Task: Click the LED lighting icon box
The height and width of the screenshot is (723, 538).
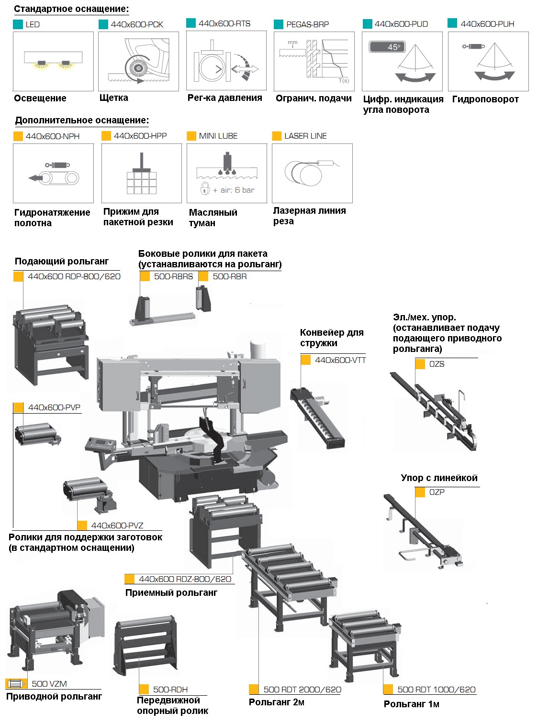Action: pyautogui.click(x=53, y=61)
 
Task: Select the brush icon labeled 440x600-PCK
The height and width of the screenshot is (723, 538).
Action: pyautogui.click(x=139, y=61)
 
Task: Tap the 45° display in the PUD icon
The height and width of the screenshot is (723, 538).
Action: pyautogui.click(x=387, y=46)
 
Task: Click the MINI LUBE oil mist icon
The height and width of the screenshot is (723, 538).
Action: pyautogui.click(x=227, y=173)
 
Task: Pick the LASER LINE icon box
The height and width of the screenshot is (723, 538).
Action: pyautogui.click(x=312, y=173)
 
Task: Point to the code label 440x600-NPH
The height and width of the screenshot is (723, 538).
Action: pyautogui.click(x=53, y=136)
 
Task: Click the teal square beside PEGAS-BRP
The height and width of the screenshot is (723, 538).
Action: pyautogui.click(x=278, y=24)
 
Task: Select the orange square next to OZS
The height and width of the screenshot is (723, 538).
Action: pyautogui.click(x=420, y=364)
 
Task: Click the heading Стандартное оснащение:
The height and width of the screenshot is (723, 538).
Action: pyautogui.click(x=71, y=9)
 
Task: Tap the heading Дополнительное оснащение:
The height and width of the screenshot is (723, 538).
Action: pyautogui.click(x=82, y=120)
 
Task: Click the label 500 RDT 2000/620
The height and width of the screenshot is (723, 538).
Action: pyautogui.click(x=302, y=690)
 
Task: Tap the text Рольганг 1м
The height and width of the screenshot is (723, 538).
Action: pyautogui.click(x=411, y=704)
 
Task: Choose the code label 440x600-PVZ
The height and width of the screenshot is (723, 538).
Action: pyautogui.click(x=117, y=526)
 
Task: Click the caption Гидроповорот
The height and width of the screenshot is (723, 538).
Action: pyautogui.click(x=485, y=99)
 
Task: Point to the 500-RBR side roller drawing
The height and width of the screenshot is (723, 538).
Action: pyautogui.click(x=203, y=298)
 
